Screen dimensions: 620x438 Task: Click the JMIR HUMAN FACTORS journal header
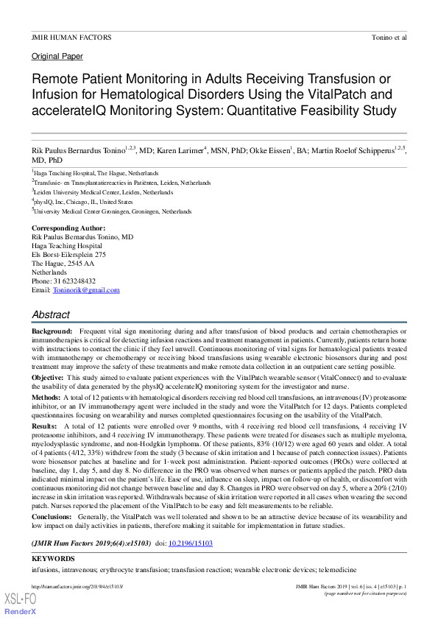(x=71, y=37)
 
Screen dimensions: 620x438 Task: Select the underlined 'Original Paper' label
(x=57, y=57)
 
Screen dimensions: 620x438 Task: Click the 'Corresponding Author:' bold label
(x=68, y=229)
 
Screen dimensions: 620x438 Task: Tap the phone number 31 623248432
(x=74, y=281)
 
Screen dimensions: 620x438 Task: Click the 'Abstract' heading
(x=51, y=314)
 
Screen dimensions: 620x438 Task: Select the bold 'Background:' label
(x=52, y=331)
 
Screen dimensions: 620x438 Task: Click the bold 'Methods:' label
(x=46, y=396)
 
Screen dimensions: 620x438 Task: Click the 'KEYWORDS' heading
(x=53, y=559)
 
